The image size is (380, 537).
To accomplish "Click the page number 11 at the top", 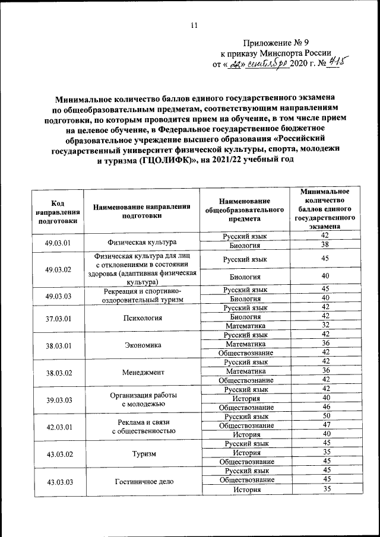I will pyautogui.click(x=194, y=25).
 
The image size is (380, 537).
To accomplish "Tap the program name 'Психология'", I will pyautogui.click(x=142, y=317).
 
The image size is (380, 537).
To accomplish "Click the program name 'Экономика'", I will pyautogui.click(x=142, y=345).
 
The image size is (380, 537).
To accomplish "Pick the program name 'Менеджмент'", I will pyautogui.click(x=142, y=371).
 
